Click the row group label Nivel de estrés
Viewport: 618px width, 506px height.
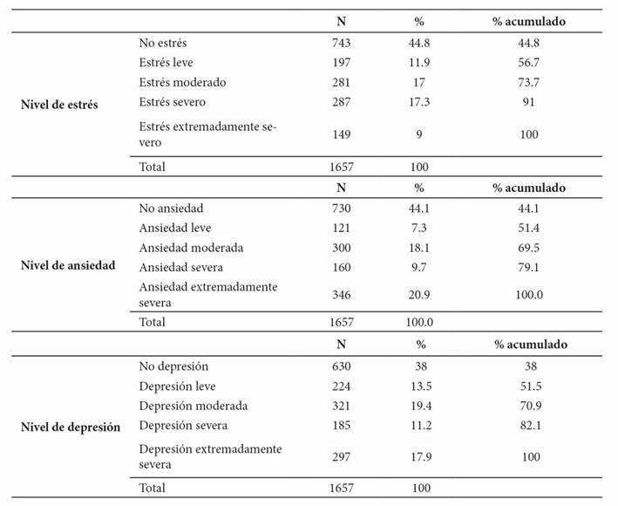pos(59,105)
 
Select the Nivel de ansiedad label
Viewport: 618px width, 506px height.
pos(68,265)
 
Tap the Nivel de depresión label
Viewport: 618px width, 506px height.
pos(70,427)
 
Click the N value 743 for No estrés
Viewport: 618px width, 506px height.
pos(341,43)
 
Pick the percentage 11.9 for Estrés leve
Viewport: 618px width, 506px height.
pos(419,62)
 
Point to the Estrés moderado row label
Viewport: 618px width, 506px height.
pos(182,82)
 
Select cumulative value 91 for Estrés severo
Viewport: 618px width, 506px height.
pos(528,102)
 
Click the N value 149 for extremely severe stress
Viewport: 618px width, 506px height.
pos(341,134)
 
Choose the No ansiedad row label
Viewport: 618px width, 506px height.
pos(171,208)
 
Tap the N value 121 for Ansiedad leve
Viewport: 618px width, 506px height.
pos(341,228)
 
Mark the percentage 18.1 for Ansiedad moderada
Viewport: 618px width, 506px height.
pos(419,248)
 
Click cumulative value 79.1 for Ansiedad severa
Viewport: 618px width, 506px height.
pos(528,267)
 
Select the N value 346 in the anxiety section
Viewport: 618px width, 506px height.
pos(341,295)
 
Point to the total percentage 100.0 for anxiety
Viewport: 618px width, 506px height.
pos(419,322)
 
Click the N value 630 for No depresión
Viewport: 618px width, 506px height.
pos(341,366)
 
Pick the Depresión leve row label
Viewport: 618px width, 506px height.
pos(177,386)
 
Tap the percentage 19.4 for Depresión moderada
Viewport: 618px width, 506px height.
pos(421,406)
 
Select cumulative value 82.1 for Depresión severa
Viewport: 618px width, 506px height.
pos(531,425)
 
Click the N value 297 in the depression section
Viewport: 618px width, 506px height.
pos(341,456)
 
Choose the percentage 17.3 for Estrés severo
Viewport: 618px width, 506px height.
pos(419,102)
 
